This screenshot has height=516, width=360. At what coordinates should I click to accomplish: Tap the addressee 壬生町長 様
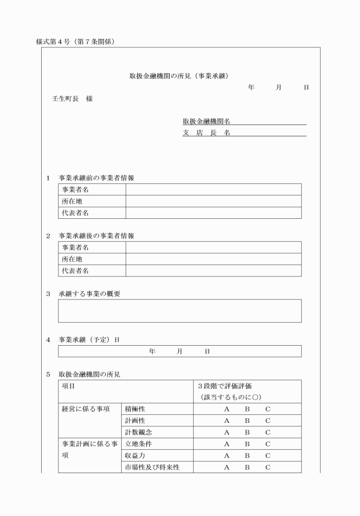(72, 98)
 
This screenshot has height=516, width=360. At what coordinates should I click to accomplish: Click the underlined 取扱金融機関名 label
(206, 121)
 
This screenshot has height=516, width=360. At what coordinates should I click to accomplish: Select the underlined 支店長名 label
(206, 133)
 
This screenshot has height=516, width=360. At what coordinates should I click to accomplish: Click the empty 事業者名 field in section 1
(213, 190)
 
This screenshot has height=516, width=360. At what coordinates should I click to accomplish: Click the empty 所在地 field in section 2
(213, 259)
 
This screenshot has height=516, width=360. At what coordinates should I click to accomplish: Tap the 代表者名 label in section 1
(75, 213)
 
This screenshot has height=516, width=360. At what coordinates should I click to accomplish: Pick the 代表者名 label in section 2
(75, 270)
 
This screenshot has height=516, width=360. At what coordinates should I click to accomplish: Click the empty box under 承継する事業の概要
(179, 311)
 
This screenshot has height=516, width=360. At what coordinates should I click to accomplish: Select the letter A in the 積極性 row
(226, 409)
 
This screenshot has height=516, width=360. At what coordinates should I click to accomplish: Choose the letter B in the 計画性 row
(247, 421)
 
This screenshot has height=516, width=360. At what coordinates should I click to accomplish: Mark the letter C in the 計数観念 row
(267, 433)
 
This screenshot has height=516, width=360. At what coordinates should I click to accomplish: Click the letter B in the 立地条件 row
(247, 444)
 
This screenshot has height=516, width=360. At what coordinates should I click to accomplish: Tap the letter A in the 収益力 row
(226, 456)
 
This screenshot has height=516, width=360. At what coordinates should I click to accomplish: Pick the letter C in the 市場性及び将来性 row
(267, 468)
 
